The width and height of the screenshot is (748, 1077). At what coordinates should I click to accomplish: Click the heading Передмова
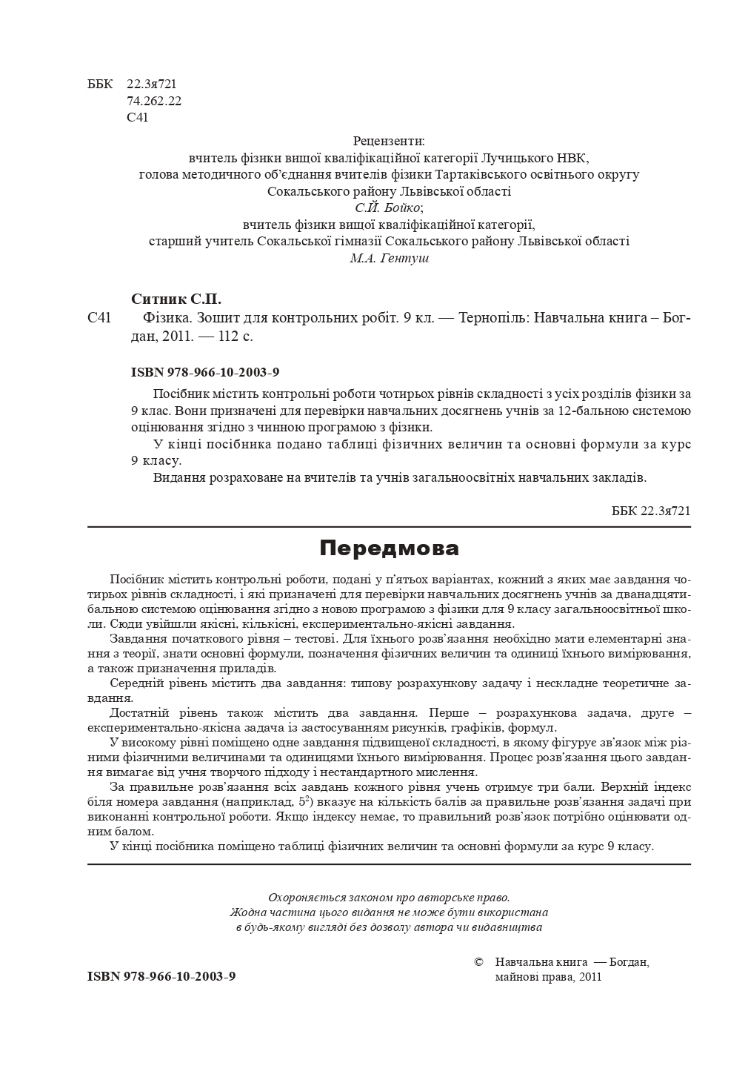point(389,549)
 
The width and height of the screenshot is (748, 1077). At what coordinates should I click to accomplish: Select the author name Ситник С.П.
point(176,299)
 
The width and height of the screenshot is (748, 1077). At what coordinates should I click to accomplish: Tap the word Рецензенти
point(389,141)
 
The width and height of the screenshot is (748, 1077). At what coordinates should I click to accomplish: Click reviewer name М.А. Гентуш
point(389,259)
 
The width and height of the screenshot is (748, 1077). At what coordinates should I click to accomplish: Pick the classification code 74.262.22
point(154,101)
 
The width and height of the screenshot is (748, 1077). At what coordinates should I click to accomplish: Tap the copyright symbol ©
point(478,962)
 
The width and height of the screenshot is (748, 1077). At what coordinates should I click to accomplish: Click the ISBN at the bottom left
point(161,976)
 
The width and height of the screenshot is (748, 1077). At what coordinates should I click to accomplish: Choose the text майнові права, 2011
point(547,977)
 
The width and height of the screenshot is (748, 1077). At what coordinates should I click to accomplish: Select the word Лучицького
point(517,158)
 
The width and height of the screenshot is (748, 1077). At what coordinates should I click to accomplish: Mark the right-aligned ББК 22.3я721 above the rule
point(651,511)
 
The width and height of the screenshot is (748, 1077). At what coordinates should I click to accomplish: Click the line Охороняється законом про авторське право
point(389,897)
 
